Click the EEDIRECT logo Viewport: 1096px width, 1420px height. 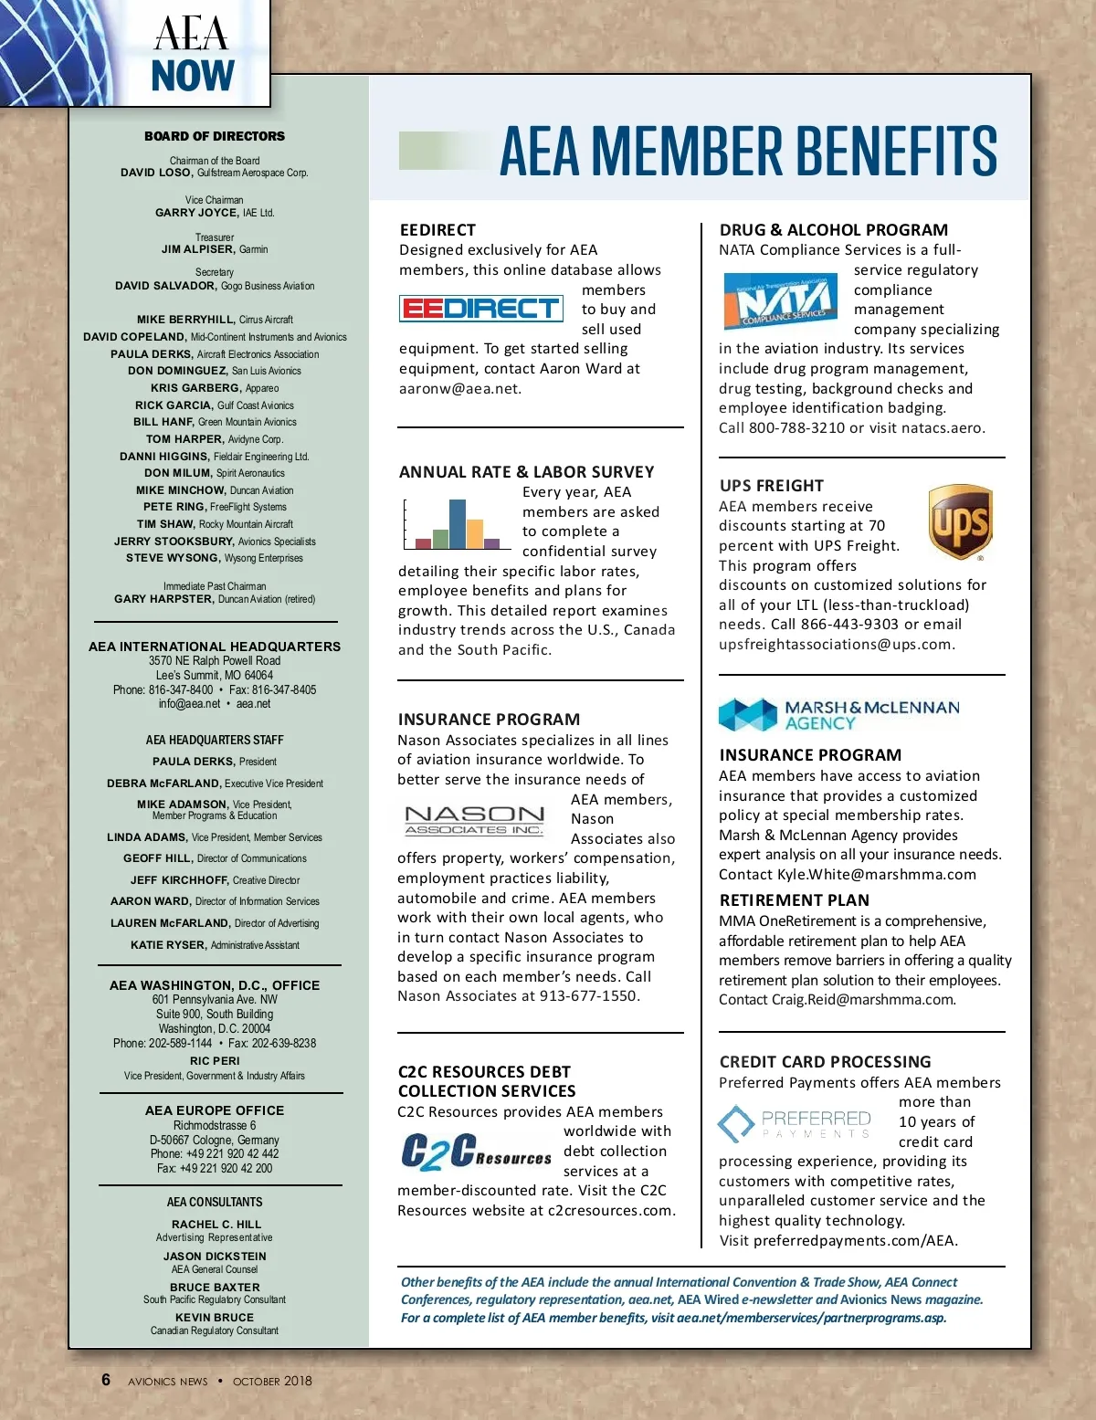point(480,309)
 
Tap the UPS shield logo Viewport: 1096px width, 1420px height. point(960,522)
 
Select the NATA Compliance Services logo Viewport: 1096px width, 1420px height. point(779,300)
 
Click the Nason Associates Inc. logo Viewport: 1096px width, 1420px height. point(475,819)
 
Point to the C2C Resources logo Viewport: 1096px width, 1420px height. point(476,1152)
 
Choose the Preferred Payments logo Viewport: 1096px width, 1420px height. point(795,1123)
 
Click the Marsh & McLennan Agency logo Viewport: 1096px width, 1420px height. point(838,715)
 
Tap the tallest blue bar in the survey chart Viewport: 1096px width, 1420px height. point(457,523)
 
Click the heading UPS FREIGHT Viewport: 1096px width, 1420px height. point(771,486)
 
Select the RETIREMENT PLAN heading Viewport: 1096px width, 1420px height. point(794,900)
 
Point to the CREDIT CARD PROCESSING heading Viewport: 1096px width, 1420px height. point(825,1062)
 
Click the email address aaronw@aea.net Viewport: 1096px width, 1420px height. point(460,388)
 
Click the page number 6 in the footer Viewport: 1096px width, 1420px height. point(106,1380)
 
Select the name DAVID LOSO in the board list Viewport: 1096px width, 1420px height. point(156,173)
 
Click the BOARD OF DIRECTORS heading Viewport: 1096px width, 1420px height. point(215,136)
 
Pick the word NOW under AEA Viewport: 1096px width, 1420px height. point(193,76)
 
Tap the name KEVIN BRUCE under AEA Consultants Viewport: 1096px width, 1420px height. point(215,1318)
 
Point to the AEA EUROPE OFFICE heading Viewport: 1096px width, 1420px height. point(215,1110)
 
